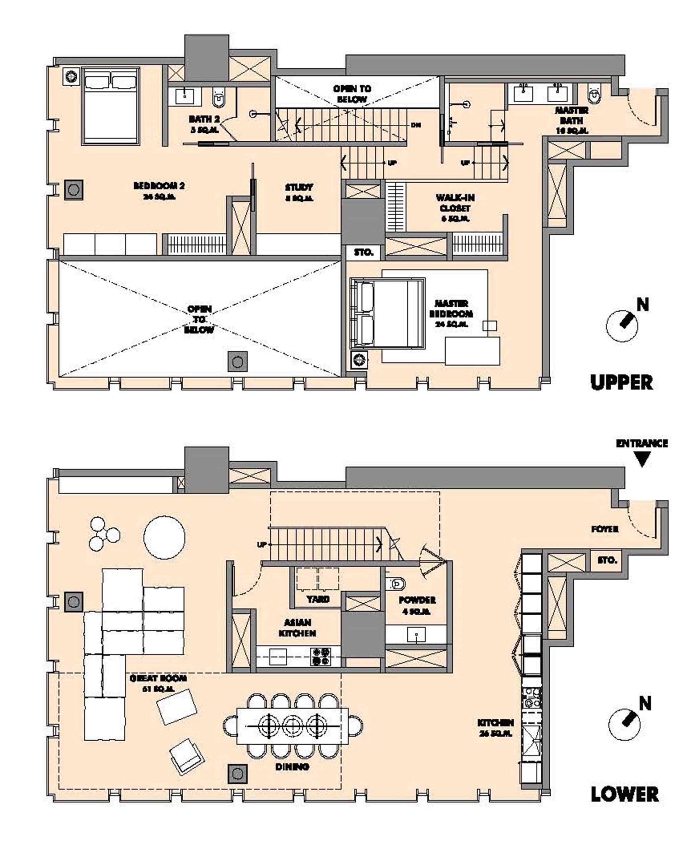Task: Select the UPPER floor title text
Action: click(621, 382)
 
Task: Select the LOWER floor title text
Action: click(624, 794)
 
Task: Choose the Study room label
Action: click(298, 192)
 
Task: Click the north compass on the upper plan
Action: click(622, 324)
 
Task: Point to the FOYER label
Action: click(605, 529)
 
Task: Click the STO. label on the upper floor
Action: click(363, 252)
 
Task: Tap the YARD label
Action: click(318, 599)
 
